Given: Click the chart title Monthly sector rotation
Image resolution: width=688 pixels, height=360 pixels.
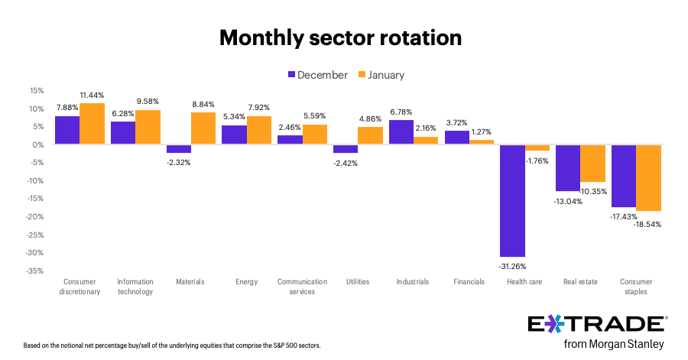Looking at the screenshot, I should point(340,37).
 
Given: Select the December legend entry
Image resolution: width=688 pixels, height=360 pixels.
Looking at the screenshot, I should point(317,75).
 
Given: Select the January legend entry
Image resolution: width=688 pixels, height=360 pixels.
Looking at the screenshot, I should point(380,75).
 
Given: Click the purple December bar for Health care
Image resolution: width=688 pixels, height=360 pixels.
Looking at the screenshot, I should point(512,200).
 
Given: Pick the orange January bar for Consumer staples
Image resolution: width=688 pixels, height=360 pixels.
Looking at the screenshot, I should point(648,177).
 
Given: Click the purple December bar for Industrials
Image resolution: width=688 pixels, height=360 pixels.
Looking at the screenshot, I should point(401,132).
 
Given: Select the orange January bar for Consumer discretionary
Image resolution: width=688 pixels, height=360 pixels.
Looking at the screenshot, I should point(92,124).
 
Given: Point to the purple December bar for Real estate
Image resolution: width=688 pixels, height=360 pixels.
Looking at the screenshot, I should point(568,167).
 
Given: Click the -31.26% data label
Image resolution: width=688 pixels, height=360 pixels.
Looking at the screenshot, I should point(513,265).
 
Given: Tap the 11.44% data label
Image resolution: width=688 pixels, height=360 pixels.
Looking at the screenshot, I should point(92,96).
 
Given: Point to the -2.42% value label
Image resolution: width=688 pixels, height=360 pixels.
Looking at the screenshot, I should point(346,162).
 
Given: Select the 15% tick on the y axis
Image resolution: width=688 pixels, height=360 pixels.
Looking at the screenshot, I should point(36,90).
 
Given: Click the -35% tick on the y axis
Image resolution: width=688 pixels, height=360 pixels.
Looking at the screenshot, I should point(34,271).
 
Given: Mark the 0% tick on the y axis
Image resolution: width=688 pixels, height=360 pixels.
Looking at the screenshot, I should point(38,144).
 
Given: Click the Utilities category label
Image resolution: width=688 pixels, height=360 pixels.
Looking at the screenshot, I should point(357,282).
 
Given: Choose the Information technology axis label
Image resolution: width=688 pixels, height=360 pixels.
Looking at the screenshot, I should point(135,287).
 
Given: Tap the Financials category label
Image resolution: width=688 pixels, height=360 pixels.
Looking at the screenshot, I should point(469,282).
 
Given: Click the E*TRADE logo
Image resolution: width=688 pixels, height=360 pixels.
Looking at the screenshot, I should point(598,323).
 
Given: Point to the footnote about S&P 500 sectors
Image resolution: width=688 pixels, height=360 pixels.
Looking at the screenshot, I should point(172,345).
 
